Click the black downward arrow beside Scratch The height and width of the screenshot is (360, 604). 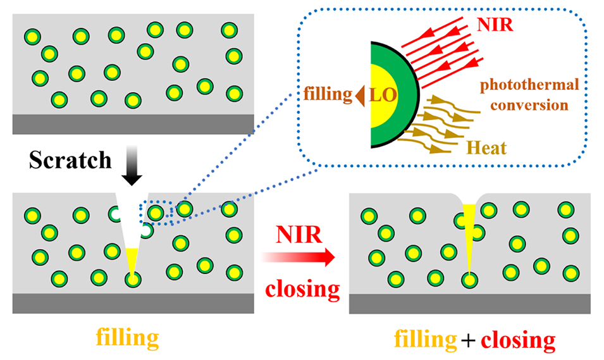point(132,166)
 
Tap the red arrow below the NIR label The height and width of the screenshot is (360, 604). point(297,257)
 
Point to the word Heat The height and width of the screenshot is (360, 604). point(486,149)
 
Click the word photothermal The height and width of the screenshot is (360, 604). point(522,84)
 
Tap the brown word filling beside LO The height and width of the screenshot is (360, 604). point(328,95)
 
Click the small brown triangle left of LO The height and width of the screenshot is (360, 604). point(359,95)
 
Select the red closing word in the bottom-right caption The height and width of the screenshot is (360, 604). point(517,340)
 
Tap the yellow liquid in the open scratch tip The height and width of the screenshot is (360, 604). point(132,259)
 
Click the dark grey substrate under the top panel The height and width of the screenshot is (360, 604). point(133,124)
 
